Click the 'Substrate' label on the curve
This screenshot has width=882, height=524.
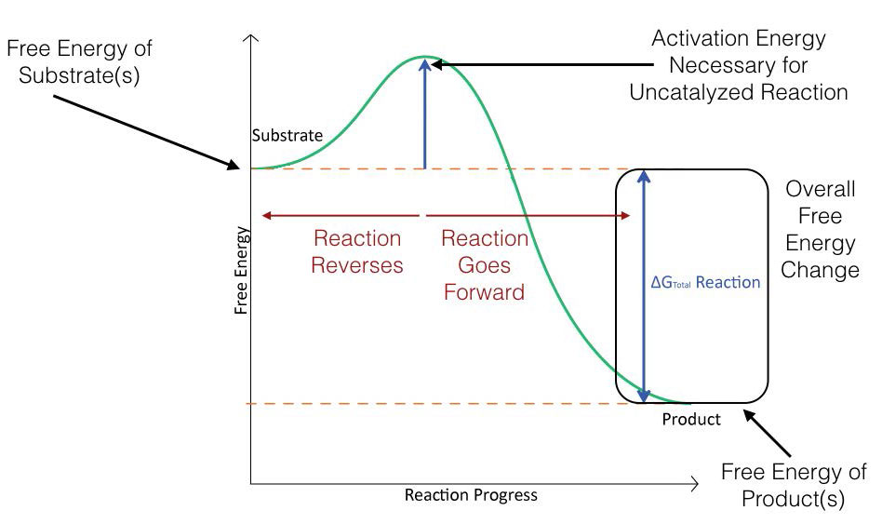[x=287, y=136]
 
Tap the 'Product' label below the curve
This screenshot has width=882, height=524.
[x=691, y=420]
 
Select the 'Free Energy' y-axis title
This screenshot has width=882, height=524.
[x=241, y=269]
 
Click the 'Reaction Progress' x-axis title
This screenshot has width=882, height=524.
[x=471, y=495]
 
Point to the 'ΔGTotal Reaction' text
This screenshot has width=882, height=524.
[x=704, y=282]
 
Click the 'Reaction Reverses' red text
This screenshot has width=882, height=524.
[x=357, y=251]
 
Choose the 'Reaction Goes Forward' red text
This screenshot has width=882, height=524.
[x=484, y=264]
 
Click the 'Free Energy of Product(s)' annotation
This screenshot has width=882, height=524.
[x=794, y=485]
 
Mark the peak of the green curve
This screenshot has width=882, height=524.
[x=424, y=57]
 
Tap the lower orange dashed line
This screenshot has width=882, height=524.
[x=419, y=404]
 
